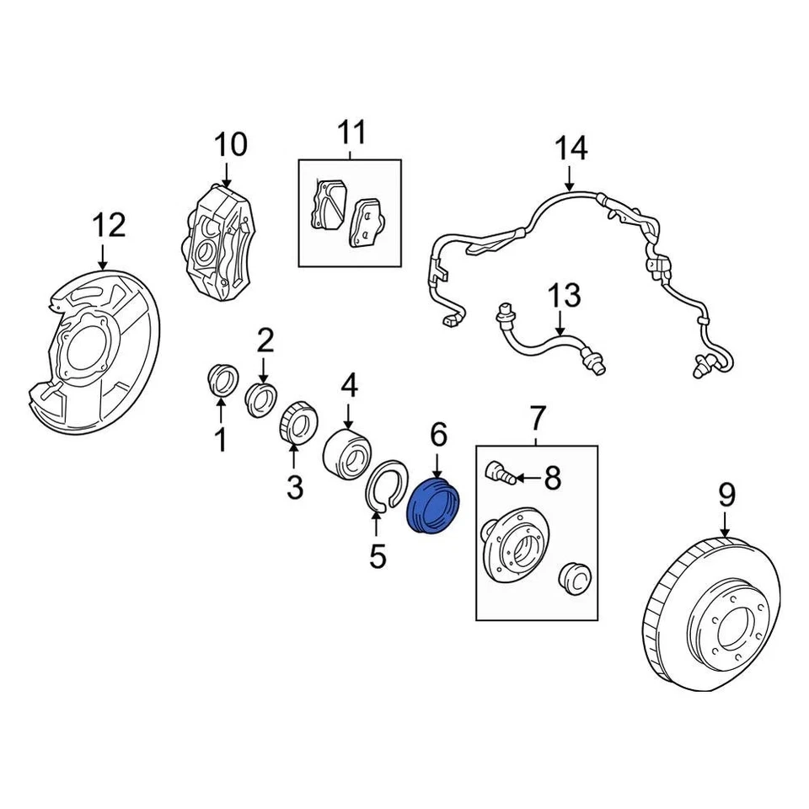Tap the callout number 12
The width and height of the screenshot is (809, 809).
point(109,225)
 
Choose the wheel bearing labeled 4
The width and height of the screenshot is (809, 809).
point(347,452)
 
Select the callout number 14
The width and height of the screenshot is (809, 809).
point(571,149)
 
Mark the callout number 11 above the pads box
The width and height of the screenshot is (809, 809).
point(352,132)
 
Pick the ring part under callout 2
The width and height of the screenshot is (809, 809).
point(261,397)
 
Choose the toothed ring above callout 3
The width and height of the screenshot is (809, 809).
point(297,421)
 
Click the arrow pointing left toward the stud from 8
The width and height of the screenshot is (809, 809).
point(526,479)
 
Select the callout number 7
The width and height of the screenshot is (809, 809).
point(538,416)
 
